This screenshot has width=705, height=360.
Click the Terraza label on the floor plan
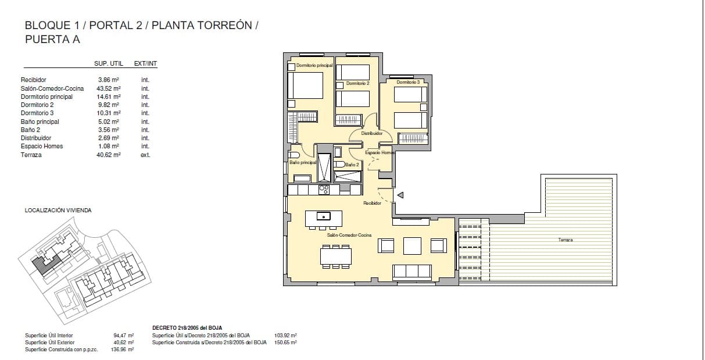(566, 240)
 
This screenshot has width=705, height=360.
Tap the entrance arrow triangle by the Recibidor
(400, 195)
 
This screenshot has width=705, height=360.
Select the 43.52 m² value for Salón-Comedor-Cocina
(109, 88)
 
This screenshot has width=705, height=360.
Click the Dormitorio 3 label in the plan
(408, 82)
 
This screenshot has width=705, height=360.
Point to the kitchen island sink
(324, 216)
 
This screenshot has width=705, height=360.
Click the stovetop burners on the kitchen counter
(324, 190)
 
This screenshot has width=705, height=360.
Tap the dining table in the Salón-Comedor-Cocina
(336, 256)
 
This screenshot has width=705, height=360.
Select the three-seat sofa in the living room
(411, 272)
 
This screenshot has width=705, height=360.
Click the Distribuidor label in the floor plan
(372, 133)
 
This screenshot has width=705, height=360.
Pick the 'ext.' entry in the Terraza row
(145, 155)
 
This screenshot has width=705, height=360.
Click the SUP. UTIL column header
(109, 63)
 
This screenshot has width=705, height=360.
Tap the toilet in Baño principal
(294, 155)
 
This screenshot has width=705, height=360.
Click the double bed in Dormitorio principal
(306, 85)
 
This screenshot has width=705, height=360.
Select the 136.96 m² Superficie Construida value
(122, 350)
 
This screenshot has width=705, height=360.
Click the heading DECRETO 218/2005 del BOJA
(187, 328)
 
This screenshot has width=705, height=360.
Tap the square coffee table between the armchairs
(412, 245)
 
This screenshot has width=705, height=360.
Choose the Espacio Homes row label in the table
(42, 146)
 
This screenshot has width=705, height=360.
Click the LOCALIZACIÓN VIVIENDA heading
(58, 211)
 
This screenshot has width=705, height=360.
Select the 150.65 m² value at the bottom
(285, 343)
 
